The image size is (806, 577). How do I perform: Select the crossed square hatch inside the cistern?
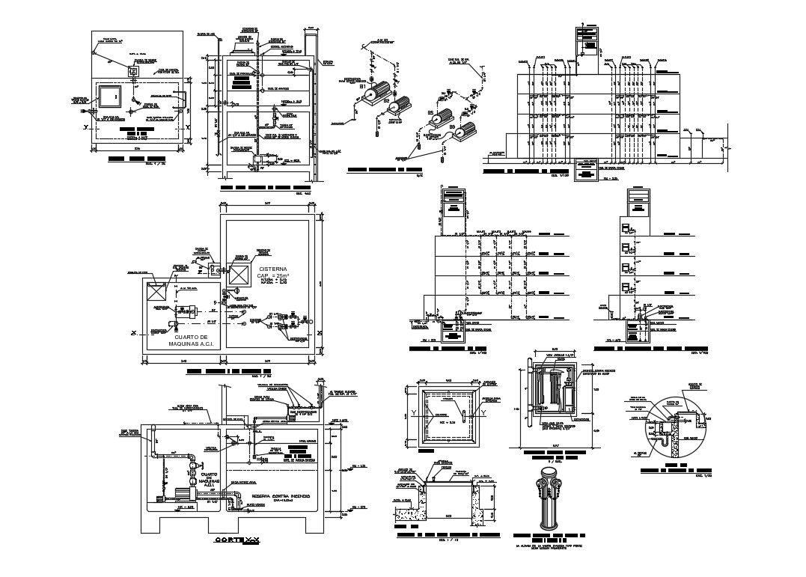[239, 275]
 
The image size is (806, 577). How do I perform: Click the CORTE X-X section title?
[237, 540]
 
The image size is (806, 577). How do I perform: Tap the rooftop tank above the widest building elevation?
[587, 43]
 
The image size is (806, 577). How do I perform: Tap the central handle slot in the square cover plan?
[465, 413]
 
